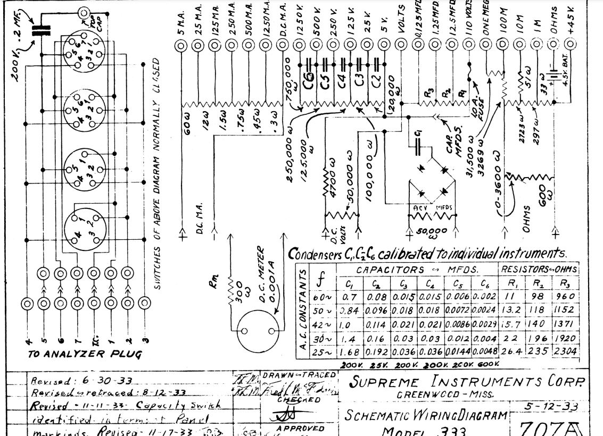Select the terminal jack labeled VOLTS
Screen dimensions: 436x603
(x=401, y=46)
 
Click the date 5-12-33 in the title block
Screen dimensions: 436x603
(x=550, y=406)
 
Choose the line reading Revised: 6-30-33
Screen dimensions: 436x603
(x=81, y=380)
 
